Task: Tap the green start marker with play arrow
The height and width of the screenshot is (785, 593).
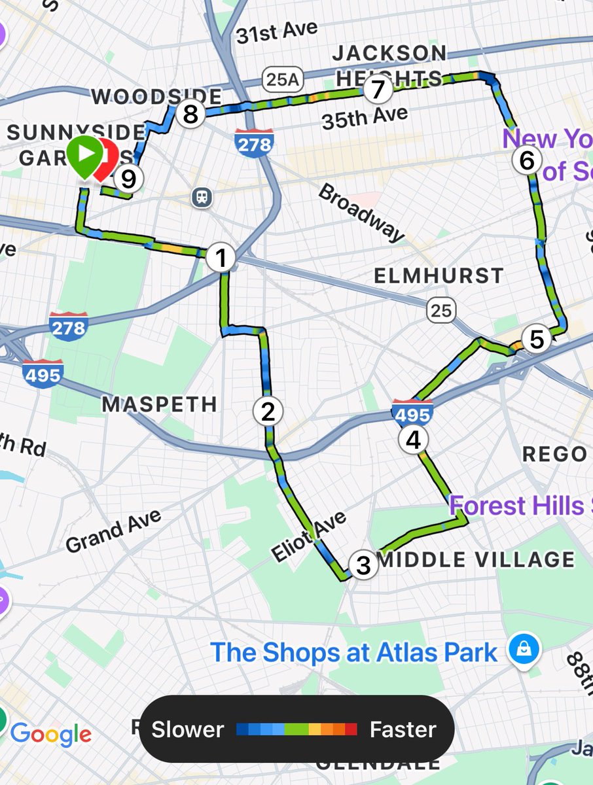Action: pyautogui.click(x=84, y=155)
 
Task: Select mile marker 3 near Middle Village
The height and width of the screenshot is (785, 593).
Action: pyautogui.click(x=363, y=565)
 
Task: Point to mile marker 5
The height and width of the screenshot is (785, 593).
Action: pyautogui.click(x=537, y=339)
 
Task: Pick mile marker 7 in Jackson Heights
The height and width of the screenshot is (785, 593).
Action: pyautogui.click(x=378, y=90)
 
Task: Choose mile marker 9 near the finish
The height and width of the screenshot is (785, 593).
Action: pyautogui.click(x=128, y=177)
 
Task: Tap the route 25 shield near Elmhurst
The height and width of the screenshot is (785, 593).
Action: pyautogui.click(x=441, y=309)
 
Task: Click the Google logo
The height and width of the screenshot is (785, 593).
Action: pyautogui.click(x=50, y=734)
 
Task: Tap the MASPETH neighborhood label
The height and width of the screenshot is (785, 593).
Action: pyautogui.click(x=159, y=404)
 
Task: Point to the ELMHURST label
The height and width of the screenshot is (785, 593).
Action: pyautogui.click(x=439, y=275)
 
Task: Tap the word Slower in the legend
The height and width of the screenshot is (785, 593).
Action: pyautogui.click(x=188, y=729)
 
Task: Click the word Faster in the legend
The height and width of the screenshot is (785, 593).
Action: pyautogui.click(x=403, y=729)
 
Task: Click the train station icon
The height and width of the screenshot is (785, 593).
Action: pyautogui.click(x=200, y=196)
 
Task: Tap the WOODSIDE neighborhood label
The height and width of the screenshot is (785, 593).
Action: pyautogui.click(x=156, y=97)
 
